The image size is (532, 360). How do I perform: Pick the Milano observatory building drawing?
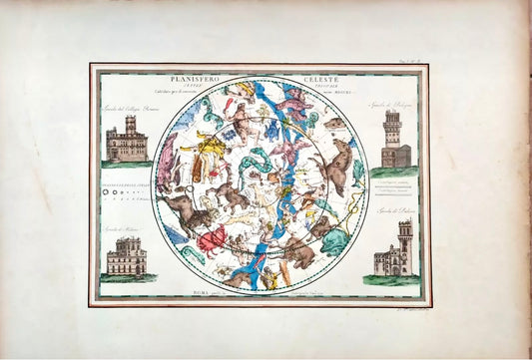pos(127,258)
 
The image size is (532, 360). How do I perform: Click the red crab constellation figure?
pos(213,240)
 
